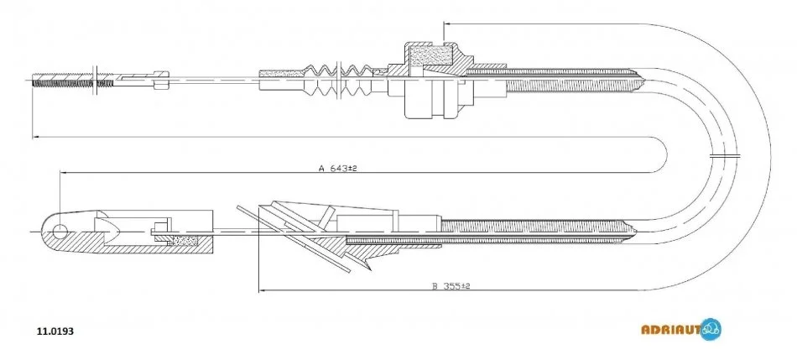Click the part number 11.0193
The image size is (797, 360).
(55, 331)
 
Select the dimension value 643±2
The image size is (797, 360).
(343, 168)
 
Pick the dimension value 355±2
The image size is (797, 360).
(455, 285)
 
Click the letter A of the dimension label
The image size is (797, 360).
(320, 168)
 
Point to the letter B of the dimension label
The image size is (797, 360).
(435, 285)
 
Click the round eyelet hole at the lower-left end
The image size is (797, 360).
(59, 229)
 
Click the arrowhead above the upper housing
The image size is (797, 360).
(444, 23)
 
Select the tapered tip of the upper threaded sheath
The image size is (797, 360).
(641, 81)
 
